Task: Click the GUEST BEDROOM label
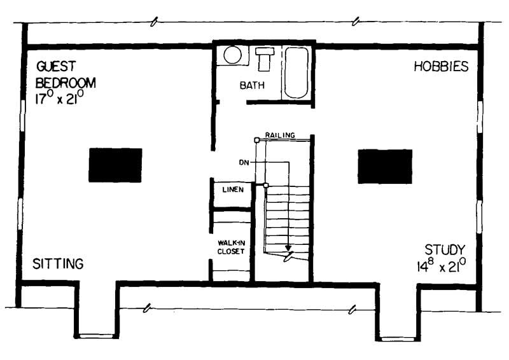point(66,74)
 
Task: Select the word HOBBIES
point(441,66)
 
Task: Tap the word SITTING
point(58,263)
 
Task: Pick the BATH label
point(253,85)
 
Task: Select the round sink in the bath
point(232,55)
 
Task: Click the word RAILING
point(280,135)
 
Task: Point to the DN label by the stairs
point(244,162)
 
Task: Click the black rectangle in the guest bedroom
point(115,165)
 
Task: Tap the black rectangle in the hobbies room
point(384,166)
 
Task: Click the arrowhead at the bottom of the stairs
point(288,247)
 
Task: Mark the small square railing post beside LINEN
point(266,185)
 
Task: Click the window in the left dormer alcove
point(97,336)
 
